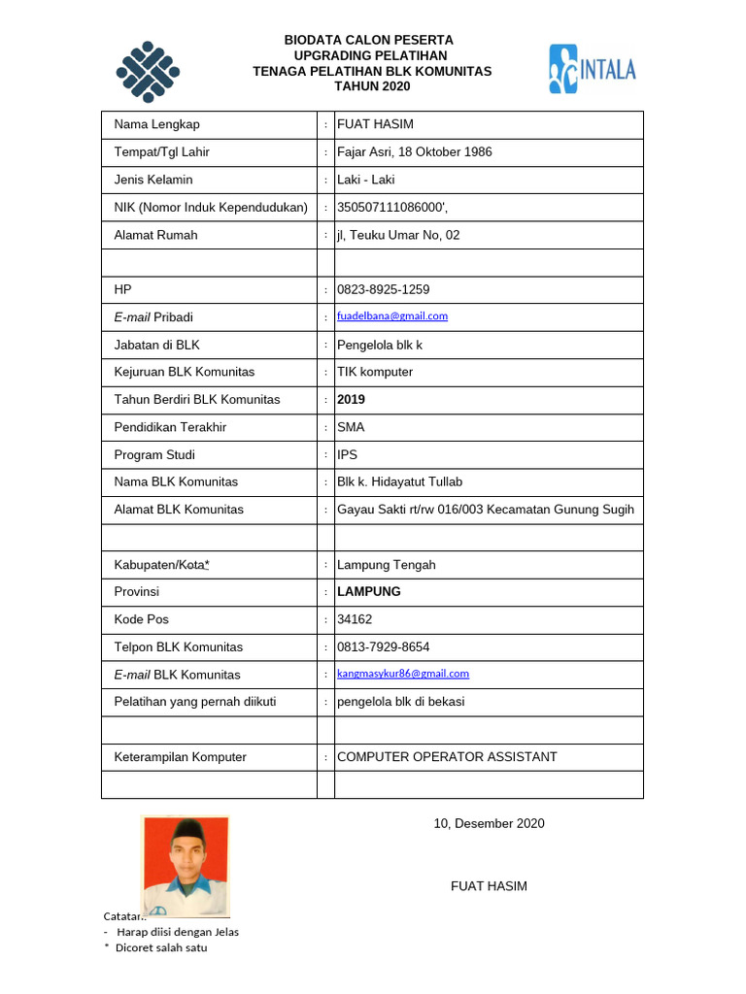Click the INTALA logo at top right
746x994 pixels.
tap(592, 69)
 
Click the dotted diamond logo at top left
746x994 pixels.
tap(149, 72)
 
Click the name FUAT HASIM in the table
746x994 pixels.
tap(375, 124)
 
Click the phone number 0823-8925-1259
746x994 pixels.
tap(383, 289)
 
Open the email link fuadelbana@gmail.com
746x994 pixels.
tap(392, 316)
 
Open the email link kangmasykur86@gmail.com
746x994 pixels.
tap(402, 674)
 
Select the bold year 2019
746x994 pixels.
tap(351, 399)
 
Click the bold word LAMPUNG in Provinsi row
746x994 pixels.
tap(368, 591)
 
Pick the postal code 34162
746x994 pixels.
tap(354, 619)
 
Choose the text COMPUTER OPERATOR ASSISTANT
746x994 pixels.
tap(447, 757)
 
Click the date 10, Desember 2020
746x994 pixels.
tap(489, 824)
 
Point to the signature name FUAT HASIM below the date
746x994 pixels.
tap(489, 886)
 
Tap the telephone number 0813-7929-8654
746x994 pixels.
tap(383, 646)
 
